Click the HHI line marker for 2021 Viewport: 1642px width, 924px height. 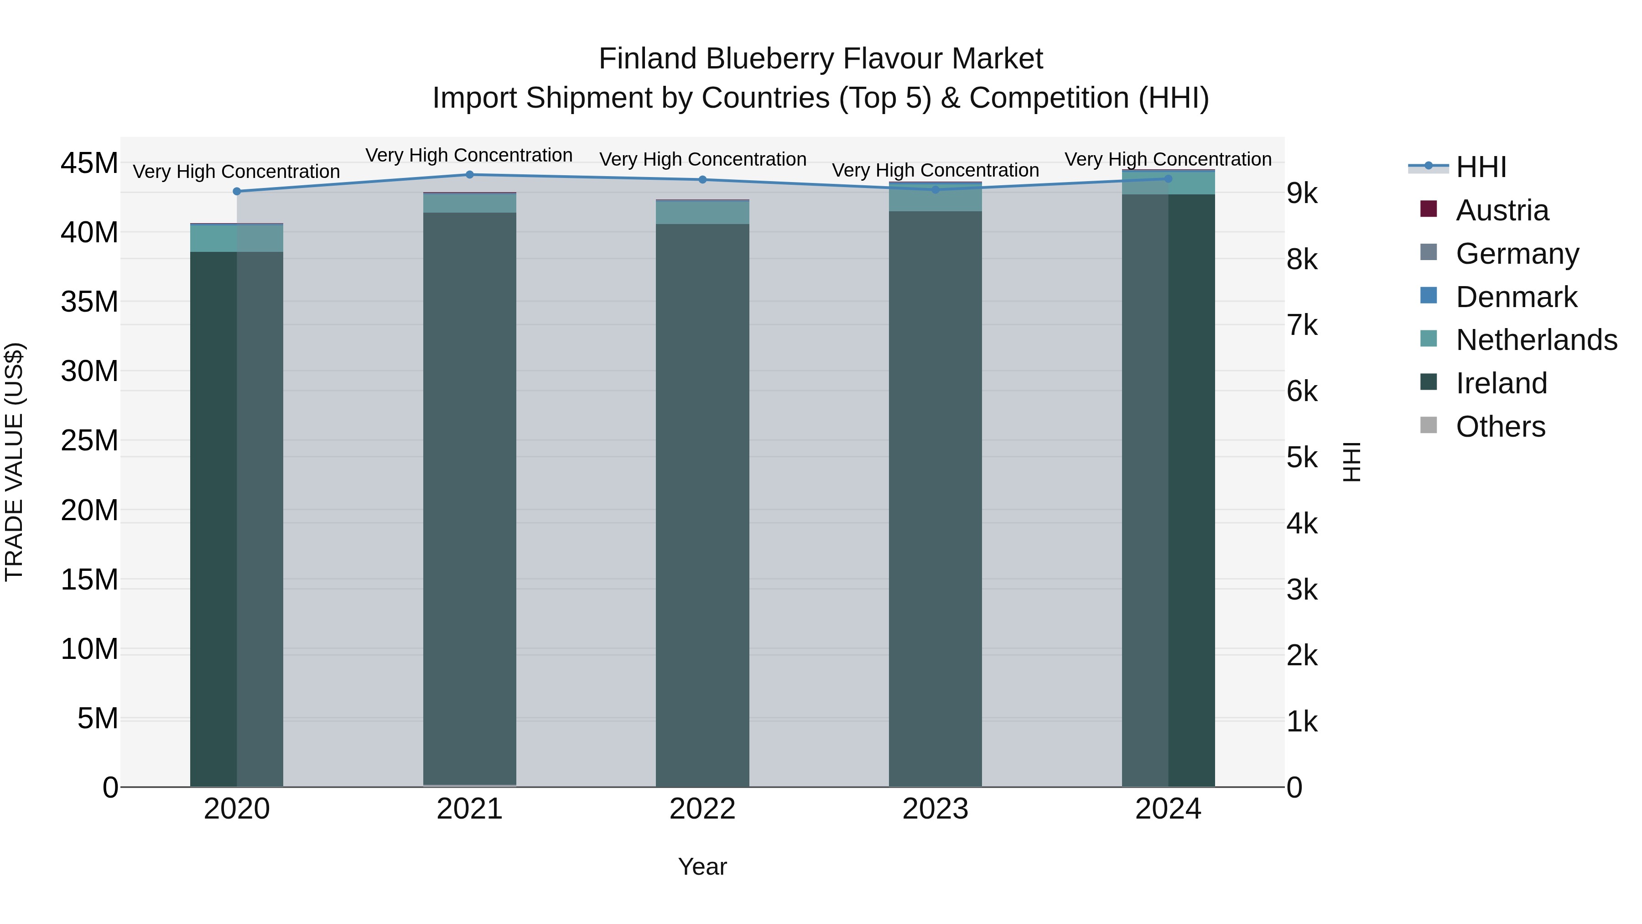[470, 175]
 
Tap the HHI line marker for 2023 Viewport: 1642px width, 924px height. [935, 189]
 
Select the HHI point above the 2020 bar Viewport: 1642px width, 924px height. [236, 191]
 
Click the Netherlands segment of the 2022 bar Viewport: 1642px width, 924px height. [702, 212]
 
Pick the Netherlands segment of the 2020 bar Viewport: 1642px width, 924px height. [236, 239]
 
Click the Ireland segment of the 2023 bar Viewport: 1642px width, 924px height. [935, 497]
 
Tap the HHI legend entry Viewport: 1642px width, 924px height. [1481, 167]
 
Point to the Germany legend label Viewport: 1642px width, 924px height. [1517, 254]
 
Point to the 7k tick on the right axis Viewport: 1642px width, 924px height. [1302, 326]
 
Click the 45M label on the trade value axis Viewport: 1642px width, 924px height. [89, 163]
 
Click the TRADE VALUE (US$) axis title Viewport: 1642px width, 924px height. [14, 462]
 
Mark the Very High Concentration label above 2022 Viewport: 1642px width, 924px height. [702, 159]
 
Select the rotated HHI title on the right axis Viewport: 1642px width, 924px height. [1351, 462]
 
